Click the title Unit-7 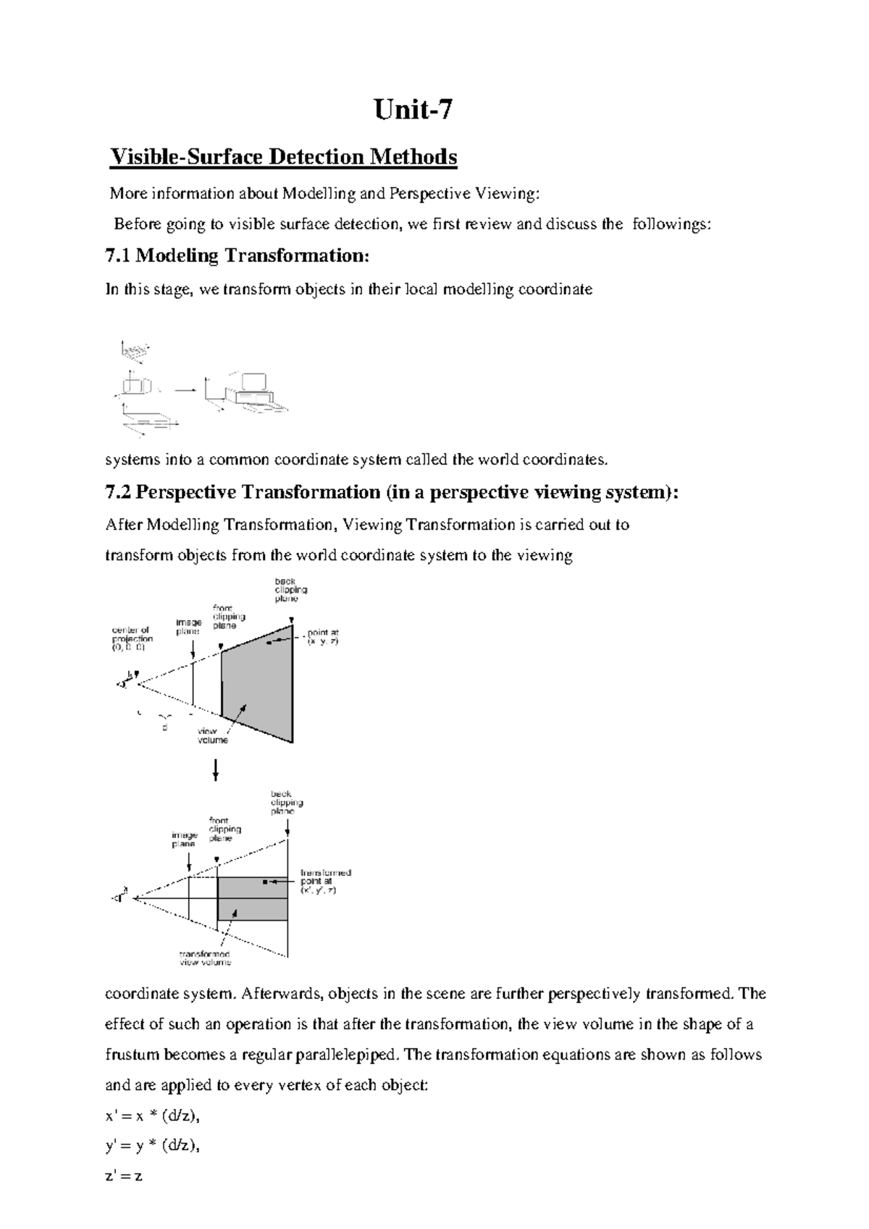[413, 111]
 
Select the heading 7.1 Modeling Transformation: [238, 255]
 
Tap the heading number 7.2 [119, 492]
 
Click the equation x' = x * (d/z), [152, 1115]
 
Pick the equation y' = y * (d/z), [152, 1146]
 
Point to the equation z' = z [124, 1176]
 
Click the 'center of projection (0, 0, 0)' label [132, 639]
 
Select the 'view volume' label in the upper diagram [213, 736]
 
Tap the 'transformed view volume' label [205, 958]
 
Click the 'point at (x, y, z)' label [323, 637]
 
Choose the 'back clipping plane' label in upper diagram [286, 590]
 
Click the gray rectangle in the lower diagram [252, 898]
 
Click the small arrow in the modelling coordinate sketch [185, 389]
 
